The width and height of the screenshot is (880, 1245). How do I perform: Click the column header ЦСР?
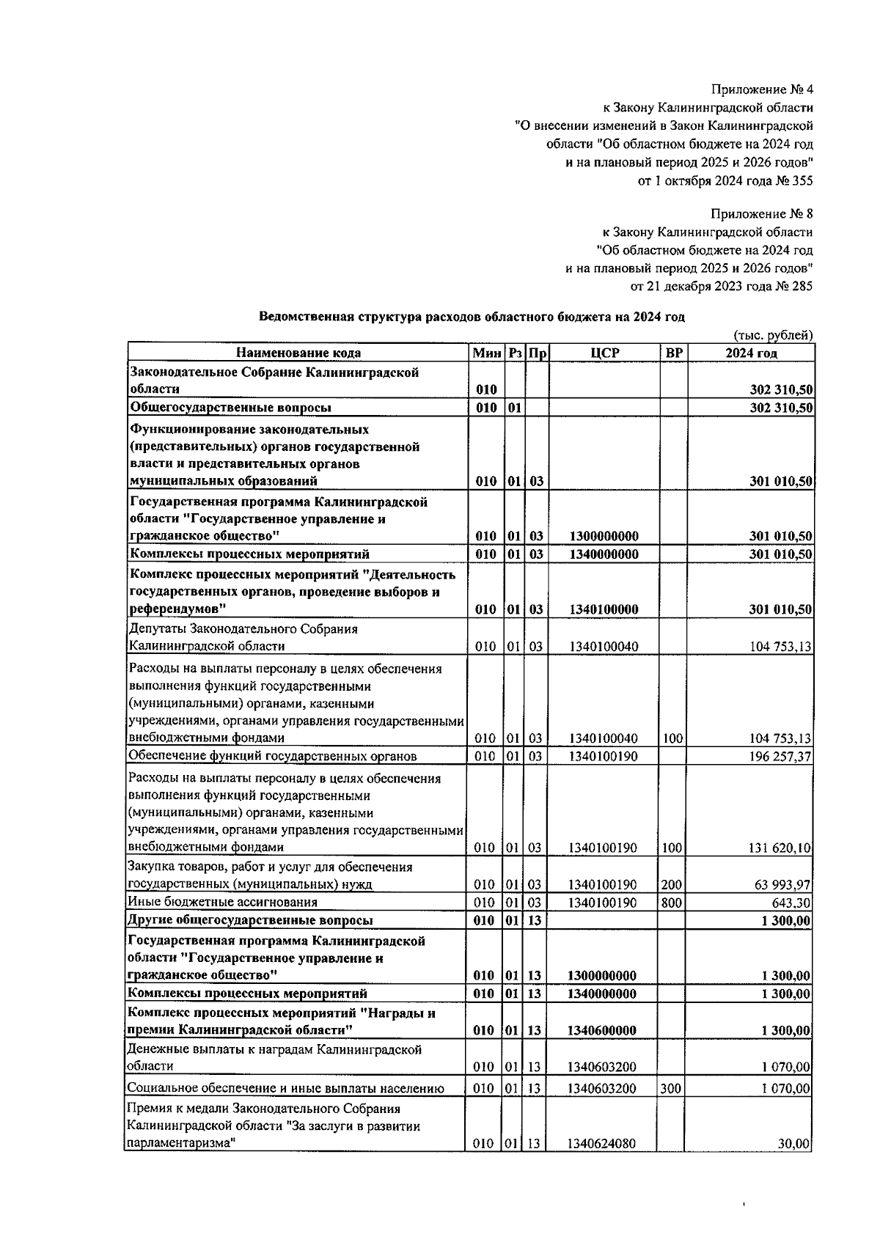[x=604, y=353]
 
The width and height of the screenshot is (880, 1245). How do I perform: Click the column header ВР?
[x=673, y=353]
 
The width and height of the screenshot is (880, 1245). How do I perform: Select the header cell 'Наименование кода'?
[x=298, y=353]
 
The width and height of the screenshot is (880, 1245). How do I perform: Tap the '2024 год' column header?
[x=751, y=353]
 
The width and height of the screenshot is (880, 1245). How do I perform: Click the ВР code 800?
[x=671, y=903]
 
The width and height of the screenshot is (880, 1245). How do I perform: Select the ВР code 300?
[x=671, y=1089]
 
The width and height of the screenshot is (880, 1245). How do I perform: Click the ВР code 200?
[x=671, y=884]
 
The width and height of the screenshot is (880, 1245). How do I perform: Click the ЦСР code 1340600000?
[x=603, y=1030]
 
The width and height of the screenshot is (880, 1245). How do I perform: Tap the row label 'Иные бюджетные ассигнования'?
[x=223, y=903]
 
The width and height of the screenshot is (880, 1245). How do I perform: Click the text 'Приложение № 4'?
[x=762, y=90]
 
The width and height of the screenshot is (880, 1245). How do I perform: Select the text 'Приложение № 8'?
[x=762, y=214]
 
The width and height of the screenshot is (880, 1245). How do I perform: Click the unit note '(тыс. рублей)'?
[x=774, y=335]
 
